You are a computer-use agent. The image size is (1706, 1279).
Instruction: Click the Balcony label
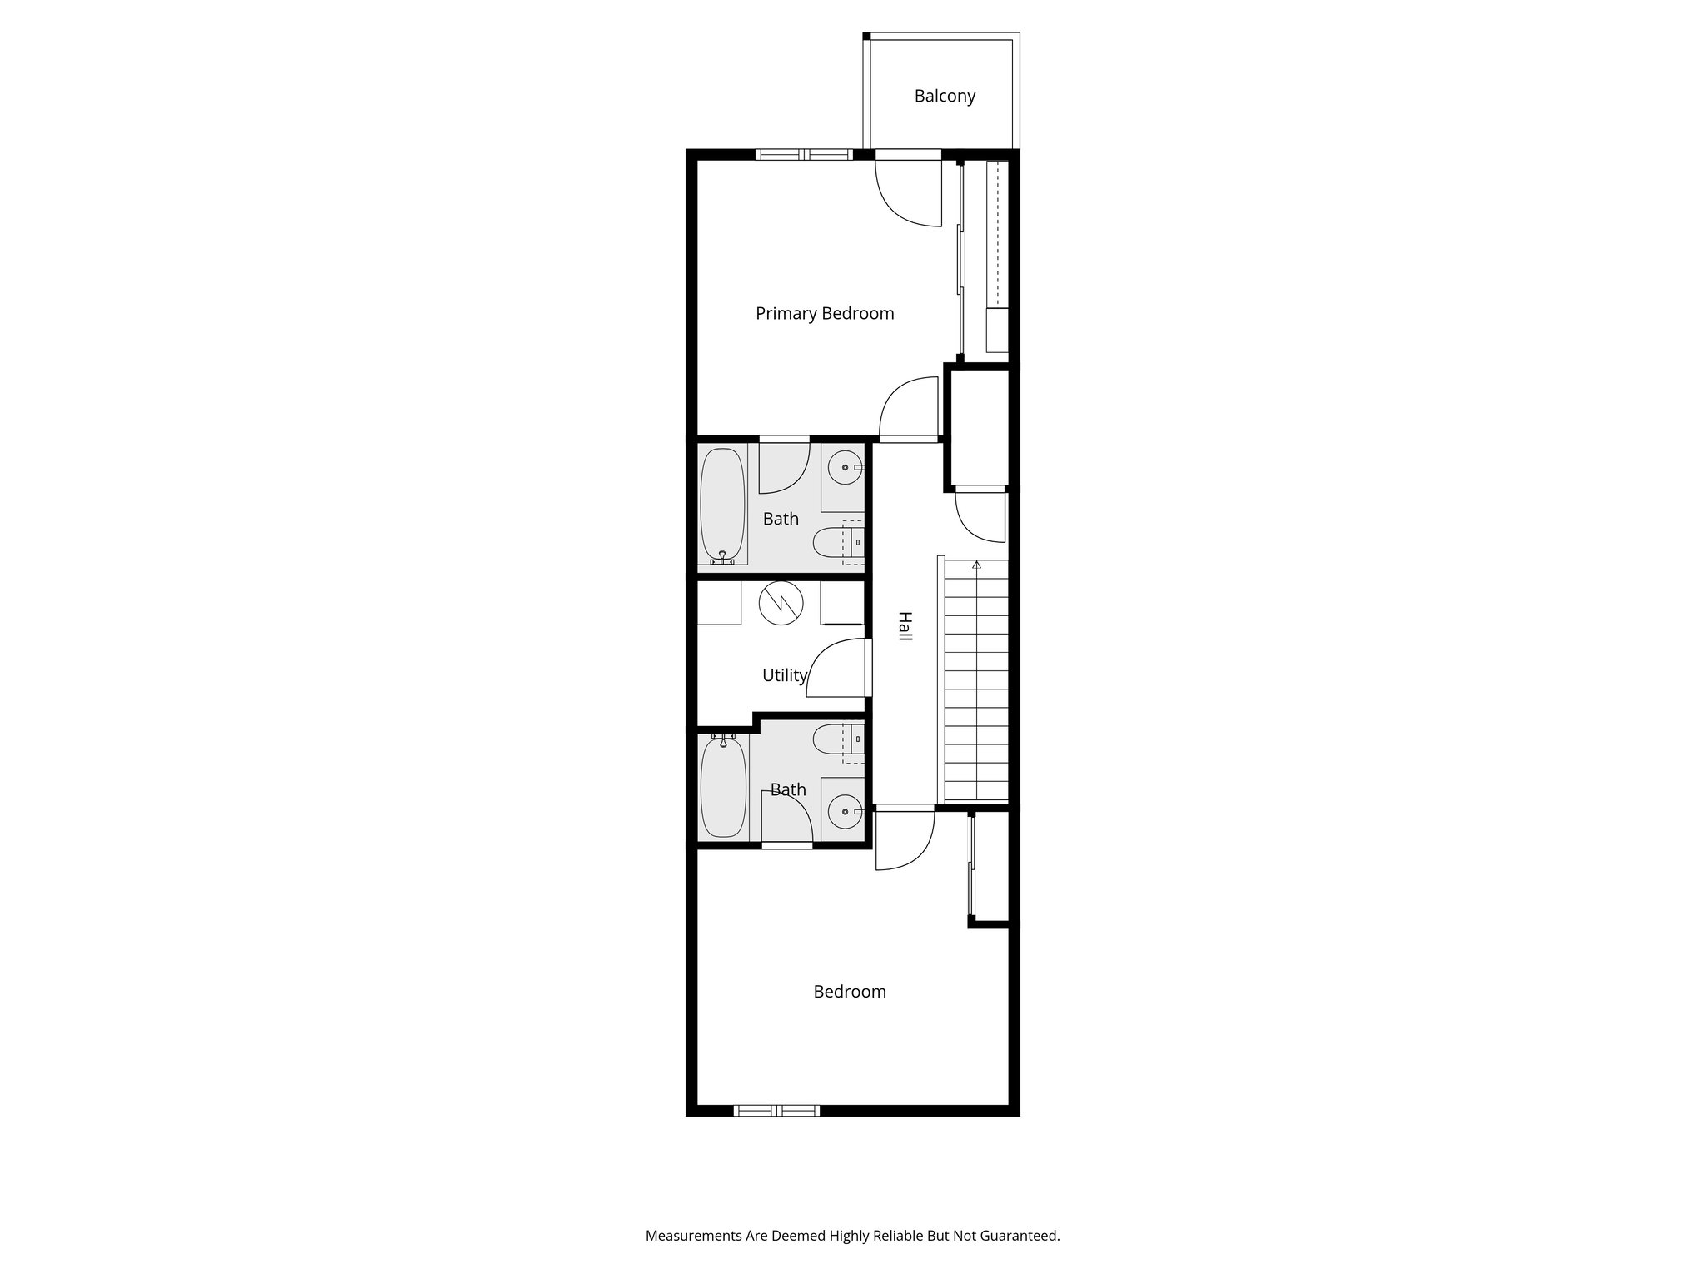945,97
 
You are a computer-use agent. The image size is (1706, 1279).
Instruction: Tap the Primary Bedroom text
825,314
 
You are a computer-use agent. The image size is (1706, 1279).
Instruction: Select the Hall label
905,626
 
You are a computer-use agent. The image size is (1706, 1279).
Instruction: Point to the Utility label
785,675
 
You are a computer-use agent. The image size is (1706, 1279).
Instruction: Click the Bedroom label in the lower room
850,992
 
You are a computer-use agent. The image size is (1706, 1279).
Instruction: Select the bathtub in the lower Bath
723,788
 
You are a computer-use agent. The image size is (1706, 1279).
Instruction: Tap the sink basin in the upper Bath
846,468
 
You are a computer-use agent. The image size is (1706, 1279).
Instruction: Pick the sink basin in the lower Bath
846,809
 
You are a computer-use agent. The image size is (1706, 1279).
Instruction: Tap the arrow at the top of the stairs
976,565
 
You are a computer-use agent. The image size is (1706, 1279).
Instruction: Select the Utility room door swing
836,667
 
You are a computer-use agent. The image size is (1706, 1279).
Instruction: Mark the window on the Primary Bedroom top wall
805,154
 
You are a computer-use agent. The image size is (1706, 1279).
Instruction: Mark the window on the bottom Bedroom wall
776,1110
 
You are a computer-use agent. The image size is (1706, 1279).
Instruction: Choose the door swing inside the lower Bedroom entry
906,841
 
